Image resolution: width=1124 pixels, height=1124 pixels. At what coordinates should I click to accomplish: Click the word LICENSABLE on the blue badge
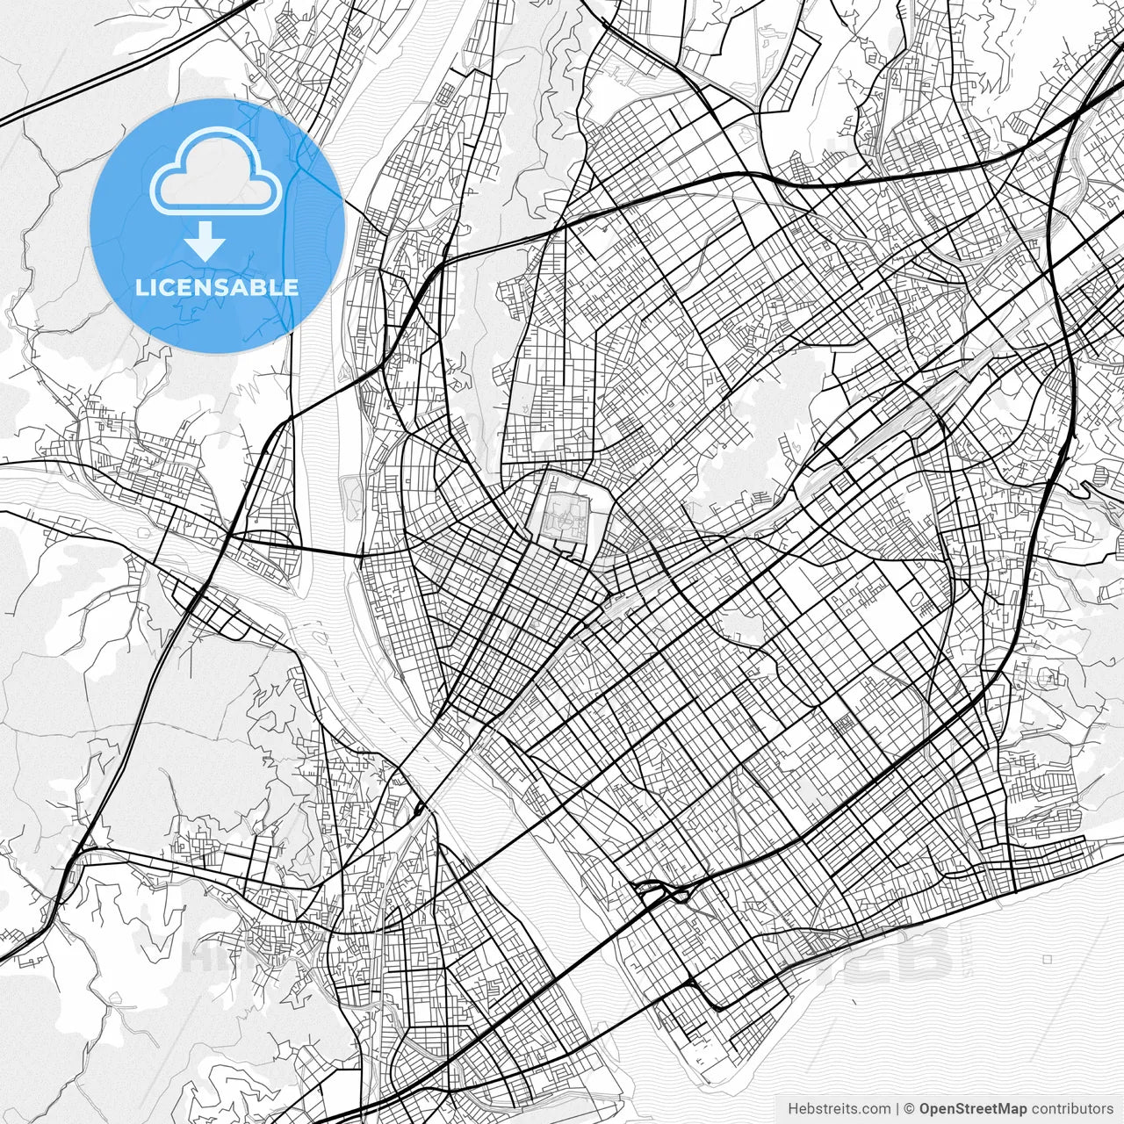(x=217, y=287)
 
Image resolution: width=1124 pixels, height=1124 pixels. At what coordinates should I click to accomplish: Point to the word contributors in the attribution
(x=1071, y=1108)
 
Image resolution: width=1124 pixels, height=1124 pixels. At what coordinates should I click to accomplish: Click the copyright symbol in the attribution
(x=910, y=1108)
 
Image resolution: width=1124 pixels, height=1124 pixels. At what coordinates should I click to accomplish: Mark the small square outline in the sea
(x=1048, y=959)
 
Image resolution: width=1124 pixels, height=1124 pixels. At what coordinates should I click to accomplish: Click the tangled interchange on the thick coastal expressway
(x=665, y=895)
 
